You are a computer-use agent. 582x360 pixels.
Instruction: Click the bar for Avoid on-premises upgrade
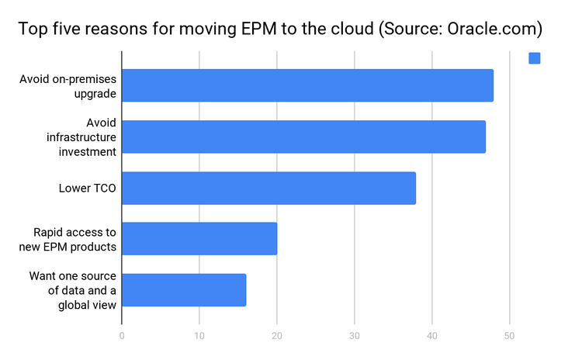point(307,85)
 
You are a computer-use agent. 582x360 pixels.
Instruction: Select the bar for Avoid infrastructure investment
point(303,137)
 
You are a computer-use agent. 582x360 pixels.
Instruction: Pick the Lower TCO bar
point(268,188)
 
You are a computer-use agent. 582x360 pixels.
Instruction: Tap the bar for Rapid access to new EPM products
point(199,239)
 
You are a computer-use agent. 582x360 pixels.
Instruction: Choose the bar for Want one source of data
point(184,290)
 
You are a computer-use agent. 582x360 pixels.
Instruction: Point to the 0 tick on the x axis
point(122,337)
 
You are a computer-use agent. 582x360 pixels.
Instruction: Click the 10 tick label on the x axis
point(199,337)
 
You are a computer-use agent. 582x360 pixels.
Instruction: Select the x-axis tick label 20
point(277,337)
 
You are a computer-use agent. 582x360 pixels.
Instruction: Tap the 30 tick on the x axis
point(355,337)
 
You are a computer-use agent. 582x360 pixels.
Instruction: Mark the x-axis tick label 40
point(432,337)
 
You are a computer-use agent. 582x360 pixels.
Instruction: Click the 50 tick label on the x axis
point(510,337)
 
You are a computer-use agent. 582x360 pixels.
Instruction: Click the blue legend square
point(534,58)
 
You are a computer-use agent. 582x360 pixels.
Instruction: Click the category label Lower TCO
point(88,188)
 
